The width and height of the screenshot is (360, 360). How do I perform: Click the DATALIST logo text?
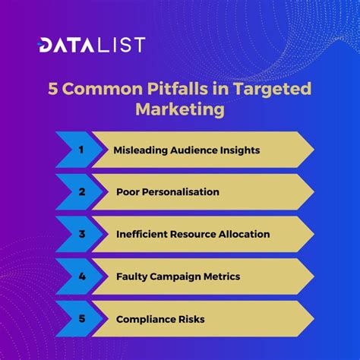click(x=92, y=45)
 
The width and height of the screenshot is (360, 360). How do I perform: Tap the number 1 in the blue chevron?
click(x=81, y=150)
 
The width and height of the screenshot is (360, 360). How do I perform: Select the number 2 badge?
click(x=81, y=192)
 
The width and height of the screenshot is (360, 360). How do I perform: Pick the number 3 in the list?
click(x=81, y=234)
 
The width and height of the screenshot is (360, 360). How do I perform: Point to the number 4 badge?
click(x=81, y=276)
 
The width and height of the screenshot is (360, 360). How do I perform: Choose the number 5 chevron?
click(x=81, y=319)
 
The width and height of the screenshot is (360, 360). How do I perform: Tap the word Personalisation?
click(x=179, y=192)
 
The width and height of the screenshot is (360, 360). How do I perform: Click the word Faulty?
click(x=132, y=276)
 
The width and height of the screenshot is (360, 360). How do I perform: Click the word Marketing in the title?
click(x=180, y=109)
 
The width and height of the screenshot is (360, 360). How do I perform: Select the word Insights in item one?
click(x=237, y=150)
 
